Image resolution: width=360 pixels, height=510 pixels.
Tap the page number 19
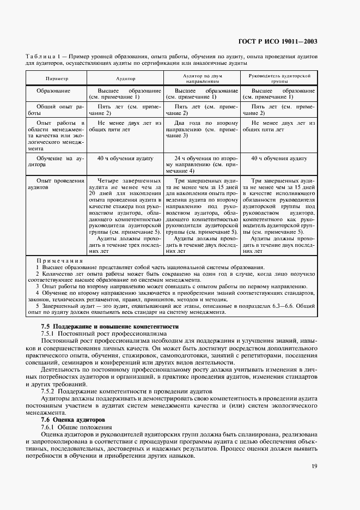coord(315,466)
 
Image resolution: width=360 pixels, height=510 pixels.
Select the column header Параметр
coord(57,79)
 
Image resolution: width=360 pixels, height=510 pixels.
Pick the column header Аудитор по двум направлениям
coord(203,79)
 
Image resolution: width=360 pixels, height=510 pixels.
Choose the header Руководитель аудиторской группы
coord(279,79)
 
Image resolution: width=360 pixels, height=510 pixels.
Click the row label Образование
coord(53,90)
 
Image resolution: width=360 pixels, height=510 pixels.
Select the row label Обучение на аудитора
coord(57,161)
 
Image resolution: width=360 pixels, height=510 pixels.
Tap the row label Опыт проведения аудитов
coord(57,183)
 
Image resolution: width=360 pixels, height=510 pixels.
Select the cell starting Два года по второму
coord(203,131)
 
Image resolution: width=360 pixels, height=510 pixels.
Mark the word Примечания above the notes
coord(59,260)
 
